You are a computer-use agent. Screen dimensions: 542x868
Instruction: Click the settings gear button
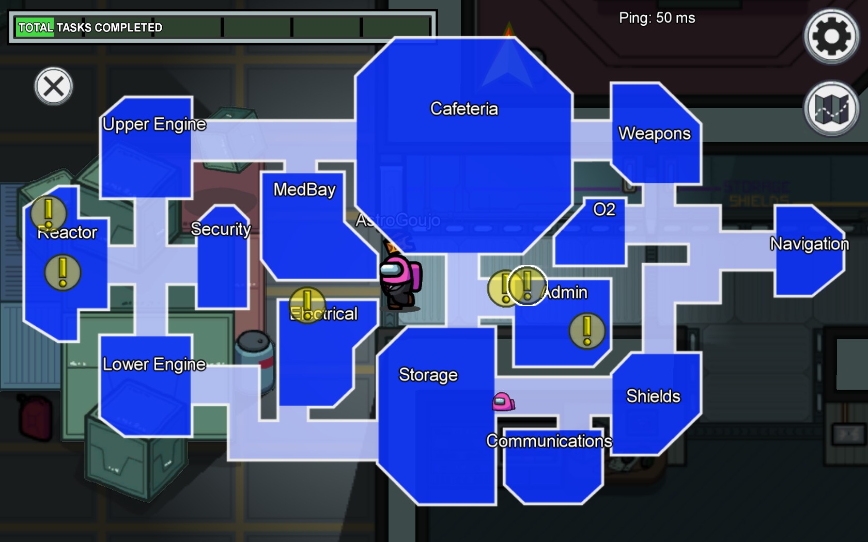tap(831, 36)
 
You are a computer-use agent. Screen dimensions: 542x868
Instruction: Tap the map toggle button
tap(831, 108)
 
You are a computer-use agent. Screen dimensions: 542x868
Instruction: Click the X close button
tap(54, 86)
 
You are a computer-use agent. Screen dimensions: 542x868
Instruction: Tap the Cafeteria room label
tap(464, 109)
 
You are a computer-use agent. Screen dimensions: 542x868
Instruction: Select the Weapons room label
tap(654, 134)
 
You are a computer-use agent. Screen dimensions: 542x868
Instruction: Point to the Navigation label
tap(809, 244)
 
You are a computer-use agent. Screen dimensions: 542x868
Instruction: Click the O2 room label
tap(604, 210)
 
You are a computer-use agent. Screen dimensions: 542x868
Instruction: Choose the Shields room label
tap(653, 396)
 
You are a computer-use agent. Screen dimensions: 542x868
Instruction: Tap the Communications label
tap(549, 441)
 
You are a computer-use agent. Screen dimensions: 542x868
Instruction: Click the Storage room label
tap(428, 375)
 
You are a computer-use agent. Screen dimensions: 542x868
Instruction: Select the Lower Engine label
tap(154, 364)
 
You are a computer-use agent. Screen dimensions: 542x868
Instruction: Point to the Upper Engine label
tap(154, 124)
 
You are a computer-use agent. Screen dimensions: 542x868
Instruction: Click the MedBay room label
tap(304, 189)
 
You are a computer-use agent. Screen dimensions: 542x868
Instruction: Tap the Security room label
tap(221, 229)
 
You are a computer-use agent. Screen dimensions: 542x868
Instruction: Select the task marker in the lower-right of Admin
tap(587, 331)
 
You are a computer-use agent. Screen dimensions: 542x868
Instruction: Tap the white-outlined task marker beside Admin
tap(527, 285)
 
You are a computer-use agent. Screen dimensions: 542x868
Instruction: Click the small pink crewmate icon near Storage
tap(503, 402)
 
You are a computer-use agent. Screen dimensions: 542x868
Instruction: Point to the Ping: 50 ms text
tap(657, 18)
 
